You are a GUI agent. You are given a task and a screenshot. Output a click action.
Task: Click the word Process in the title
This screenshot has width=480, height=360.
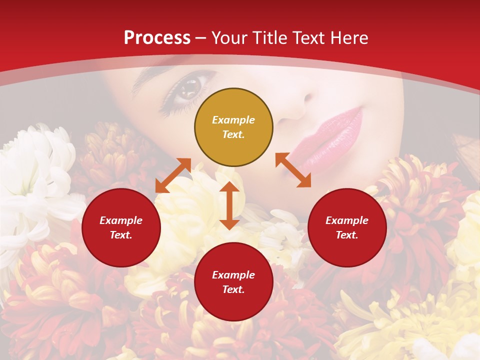tap(157, 38)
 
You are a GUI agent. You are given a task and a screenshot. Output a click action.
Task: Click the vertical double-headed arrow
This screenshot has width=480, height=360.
tap(229, 205)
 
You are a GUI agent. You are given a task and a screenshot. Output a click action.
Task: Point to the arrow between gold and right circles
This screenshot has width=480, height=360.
tap(293, 170)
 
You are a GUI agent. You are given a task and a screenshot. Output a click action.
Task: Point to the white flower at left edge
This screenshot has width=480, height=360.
tap(30, 180)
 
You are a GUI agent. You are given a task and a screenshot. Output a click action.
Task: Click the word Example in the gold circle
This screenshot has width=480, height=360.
tap(233, 120)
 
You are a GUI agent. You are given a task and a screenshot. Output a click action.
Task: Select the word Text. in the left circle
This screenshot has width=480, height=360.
tap(121, 235)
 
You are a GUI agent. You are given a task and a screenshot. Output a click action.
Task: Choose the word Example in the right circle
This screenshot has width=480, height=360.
tap(347, 220)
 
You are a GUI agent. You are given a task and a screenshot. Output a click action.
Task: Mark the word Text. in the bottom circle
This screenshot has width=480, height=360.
tap(233, 289)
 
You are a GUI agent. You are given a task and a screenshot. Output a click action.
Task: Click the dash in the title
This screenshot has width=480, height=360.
tap(201, 38)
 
